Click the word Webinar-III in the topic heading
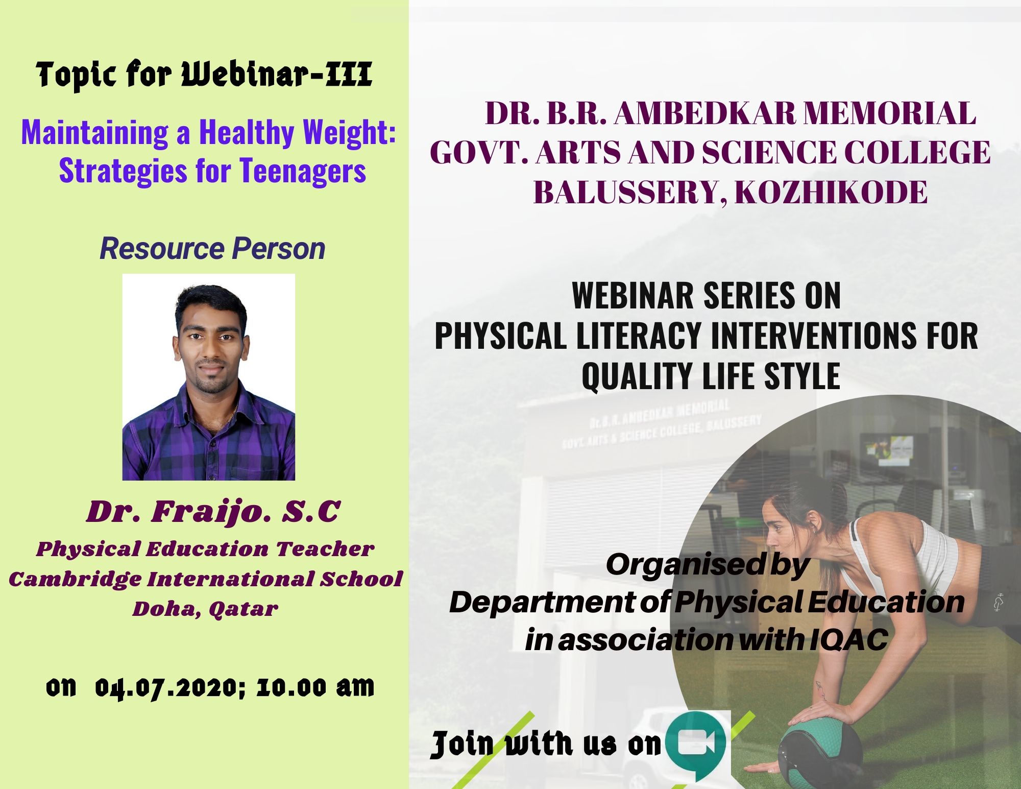tap(277, 75)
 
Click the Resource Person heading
tap(212, 249)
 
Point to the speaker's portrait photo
tap(209, 377)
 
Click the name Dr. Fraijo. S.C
tap(213, 512)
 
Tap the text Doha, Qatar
tap(205, 609)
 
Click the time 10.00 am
tap(315, 687)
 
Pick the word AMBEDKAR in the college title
tap(704, 113)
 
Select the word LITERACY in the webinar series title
tap(639, 336)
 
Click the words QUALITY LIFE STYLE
tap(711, 376)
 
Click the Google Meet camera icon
tap(698, 743)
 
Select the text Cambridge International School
tap(206, 579)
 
